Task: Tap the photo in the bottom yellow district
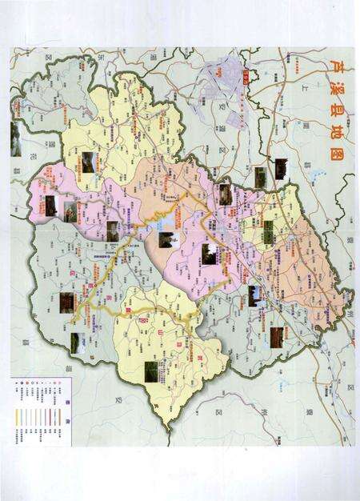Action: click(x=151, y=371)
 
